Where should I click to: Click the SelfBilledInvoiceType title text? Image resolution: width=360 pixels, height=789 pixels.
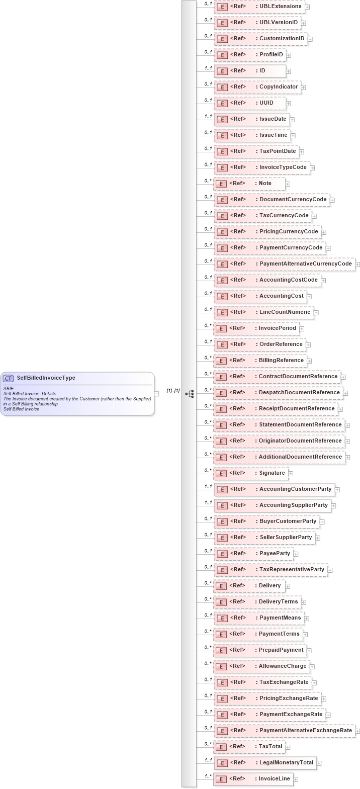point(46,378)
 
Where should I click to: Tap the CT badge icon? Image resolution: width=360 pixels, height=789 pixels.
point(9,378)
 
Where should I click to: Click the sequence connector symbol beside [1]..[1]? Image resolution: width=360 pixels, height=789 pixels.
point(190,394)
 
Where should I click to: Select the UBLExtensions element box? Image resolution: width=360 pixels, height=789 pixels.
point(259,7)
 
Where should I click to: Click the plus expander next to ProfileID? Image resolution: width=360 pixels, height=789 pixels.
point(289,55)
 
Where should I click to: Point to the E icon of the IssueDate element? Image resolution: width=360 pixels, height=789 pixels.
point(222,120)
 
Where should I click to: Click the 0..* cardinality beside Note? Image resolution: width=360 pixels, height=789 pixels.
point(208,181)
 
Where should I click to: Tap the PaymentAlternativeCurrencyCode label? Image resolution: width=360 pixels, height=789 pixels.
point(305,264)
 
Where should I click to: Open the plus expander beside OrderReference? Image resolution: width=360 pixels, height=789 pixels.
point(308,345)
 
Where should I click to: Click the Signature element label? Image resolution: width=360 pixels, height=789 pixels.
point(272,473)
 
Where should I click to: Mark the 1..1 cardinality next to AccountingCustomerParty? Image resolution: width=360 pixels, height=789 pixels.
point(208,486)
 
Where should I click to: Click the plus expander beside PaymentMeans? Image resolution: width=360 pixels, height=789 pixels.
point(306,619)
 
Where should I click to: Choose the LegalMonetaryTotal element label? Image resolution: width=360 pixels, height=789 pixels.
point(286,762)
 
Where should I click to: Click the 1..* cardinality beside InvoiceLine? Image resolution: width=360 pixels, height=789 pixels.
point(208,776)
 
